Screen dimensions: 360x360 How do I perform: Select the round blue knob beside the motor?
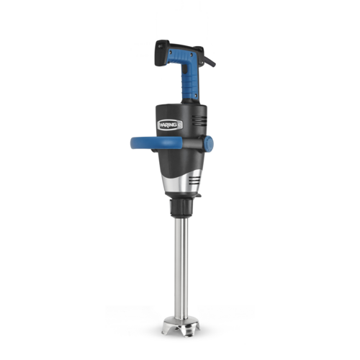208,143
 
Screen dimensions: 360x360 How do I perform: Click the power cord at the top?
210,60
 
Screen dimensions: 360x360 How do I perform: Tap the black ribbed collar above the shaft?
180,209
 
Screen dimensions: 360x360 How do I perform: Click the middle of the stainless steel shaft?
181,266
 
